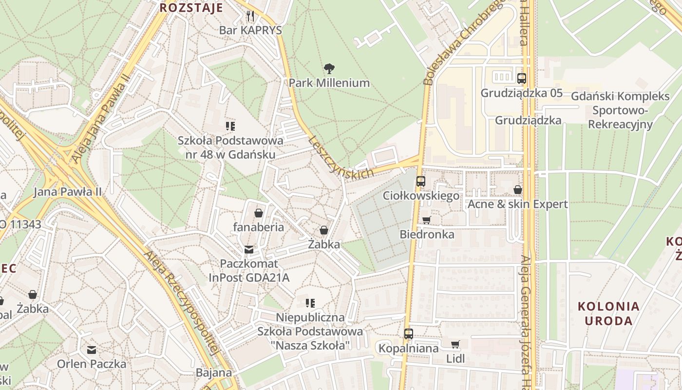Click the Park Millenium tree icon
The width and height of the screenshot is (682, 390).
coord(329,68)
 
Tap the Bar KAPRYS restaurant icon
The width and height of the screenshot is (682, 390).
coord(250,16)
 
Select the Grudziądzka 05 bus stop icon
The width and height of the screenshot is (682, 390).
coord(521,78)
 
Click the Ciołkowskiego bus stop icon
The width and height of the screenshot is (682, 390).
coord(421,181)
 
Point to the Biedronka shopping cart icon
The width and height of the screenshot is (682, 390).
coord(427,220)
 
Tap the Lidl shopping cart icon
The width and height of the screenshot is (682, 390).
coord(455,345)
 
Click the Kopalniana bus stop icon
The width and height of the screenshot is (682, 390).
coord(408,334)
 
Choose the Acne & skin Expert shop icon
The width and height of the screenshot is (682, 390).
coord(517,190)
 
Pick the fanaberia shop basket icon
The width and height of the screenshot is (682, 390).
coord(258,213)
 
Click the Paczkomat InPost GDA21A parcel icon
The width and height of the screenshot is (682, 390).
coord(249,250)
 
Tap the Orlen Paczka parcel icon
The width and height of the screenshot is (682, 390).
coord(91,350)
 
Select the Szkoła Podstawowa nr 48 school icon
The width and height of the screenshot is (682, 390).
coord(230,127)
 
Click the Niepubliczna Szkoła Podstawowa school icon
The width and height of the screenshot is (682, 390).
coord(310,303)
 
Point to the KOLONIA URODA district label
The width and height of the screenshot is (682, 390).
coord(608,313)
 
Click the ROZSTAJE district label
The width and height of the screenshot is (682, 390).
coord(191,8)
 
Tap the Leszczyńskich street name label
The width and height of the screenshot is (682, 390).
coord(341,157)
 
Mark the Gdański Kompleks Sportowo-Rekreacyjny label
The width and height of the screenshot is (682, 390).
coord(620,110)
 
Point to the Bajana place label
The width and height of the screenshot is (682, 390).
coord(214,373)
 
